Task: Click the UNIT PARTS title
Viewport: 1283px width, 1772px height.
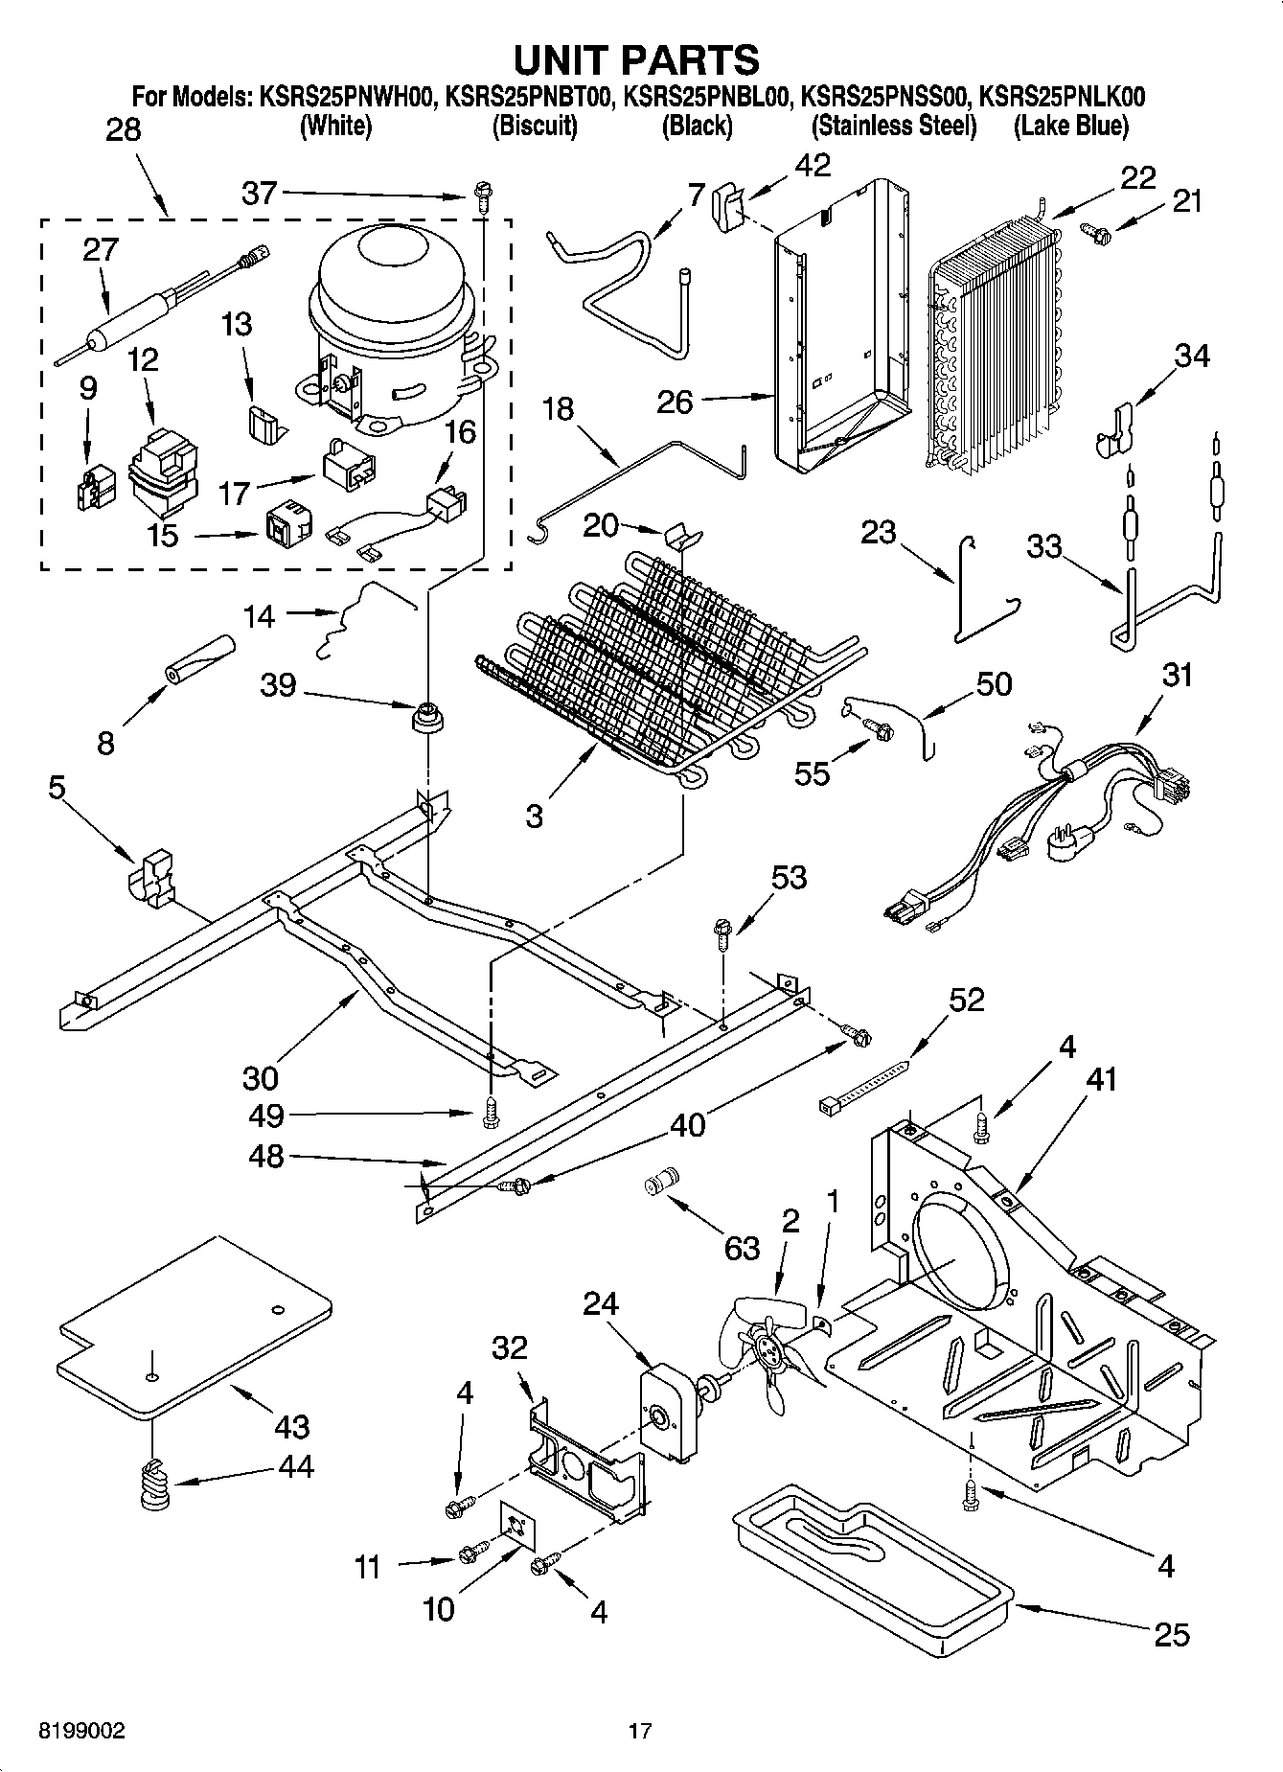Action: pyautogui.click(x=637, y=59)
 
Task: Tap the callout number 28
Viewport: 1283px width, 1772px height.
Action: pyautogui.click(x=123, y=130)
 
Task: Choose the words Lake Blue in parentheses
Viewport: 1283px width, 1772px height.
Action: pyautogui.click(x=1071, y=126)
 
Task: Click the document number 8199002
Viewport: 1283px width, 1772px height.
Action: pyautogui.click(x=81, y=1731)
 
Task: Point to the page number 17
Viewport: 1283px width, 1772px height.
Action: pyautogui.click(x=640, y=1731)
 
